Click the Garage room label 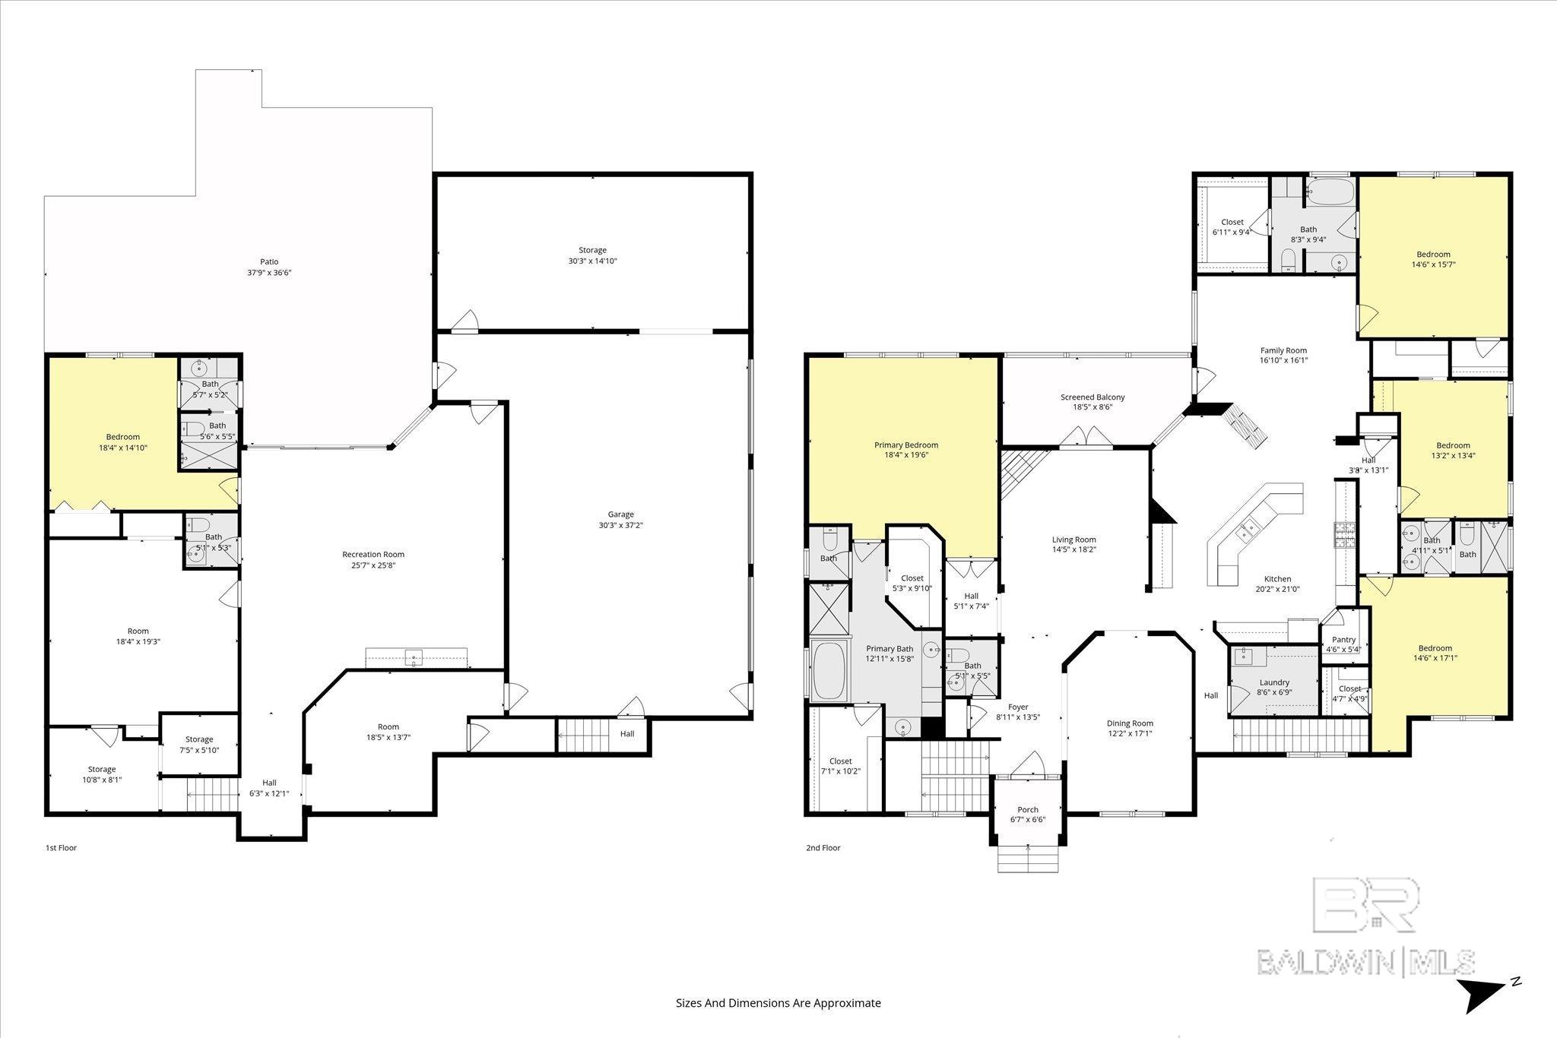coord(620,514)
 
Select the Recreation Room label coord(373,555)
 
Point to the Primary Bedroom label coord(905,445)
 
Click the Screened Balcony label coord(1092,397)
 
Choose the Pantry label coord(1343,640)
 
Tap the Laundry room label coord(1273,682)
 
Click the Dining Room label coord(1130,723)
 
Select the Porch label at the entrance coord(1028,809)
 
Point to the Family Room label coord(1283,351)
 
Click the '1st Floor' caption coord(62,847)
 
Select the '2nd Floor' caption coord(823,847)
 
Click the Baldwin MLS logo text coord(1365,962)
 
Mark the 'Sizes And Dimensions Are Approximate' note coord(778,1003)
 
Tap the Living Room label coord(1073,540)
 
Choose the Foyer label coord(1017,707)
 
